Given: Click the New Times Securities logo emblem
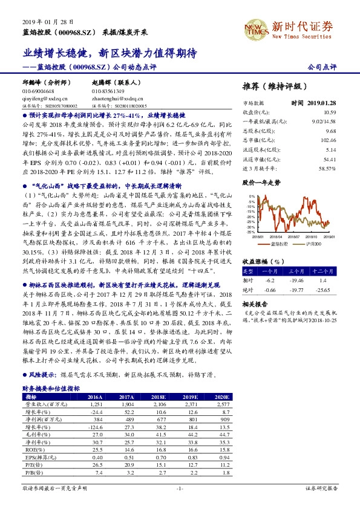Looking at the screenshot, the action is pos(255,28).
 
